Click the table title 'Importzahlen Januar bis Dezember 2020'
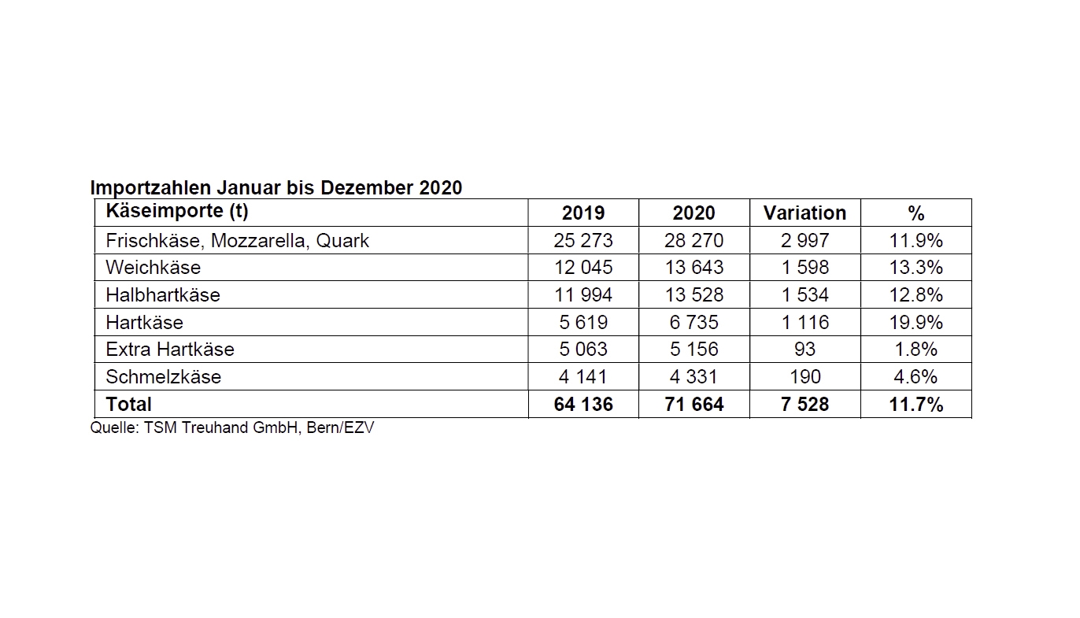276,188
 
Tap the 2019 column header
583,213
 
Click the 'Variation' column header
804,213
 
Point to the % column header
915,213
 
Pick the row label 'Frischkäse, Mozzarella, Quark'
237,240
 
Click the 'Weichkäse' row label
153,268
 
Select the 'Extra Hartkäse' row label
170,349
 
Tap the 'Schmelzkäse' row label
163,376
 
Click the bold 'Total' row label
129,404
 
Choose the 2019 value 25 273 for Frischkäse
583,240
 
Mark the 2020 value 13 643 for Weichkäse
693,268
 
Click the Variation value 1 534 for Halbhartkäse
804,294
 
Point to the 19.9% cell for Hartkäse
915,322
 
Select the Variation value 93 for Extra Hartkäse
804,349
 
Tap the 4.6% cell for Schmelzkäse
915,376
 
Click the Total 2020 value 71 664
693,405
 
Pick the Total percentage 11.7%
915,405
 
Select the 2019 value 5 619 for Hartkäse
583,322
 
